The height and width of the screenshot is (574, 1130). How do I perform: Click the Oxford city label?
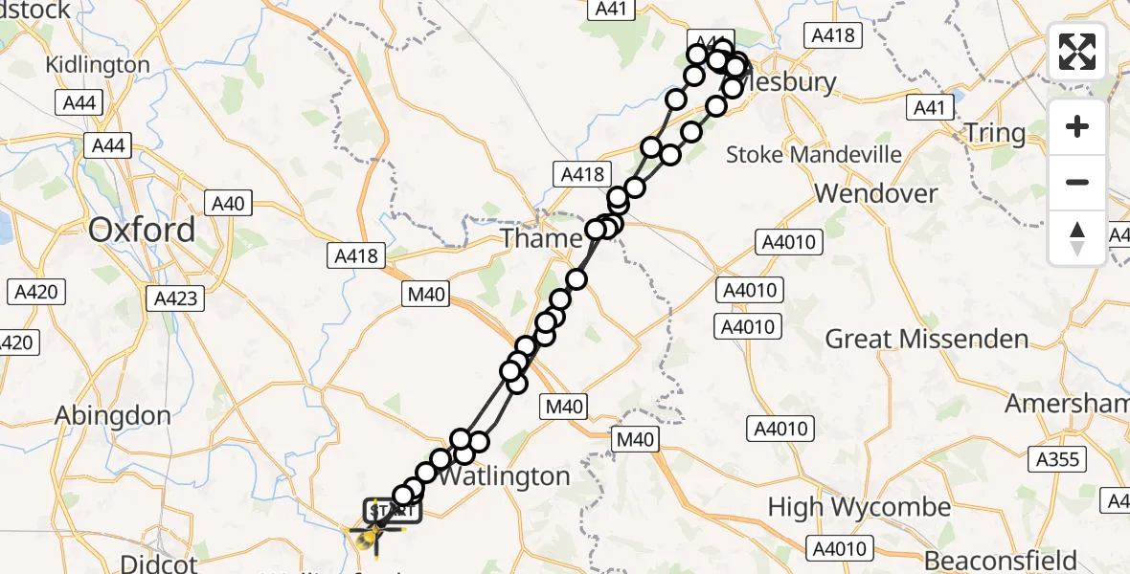[x=142, y=230]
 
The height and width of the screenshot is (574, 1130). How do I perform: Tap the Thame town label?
[x=541, y=238]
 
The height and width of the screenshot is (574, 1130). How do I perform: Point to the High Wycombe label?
[x=860, y=507]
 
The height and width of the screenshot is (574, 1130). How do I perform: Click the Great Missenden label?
[x=926, y=339]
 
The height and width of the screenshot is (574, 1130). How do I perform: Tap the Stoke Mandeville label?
[x=814, y=154]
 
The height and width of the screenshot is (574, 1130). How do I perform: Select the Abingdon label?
[x=113, y=416]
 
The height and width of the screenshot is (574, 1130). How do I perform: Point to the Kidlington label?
[x=99, y=65]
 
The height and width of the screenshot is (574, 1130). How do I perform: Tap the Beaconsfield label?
[x=1002, y=560]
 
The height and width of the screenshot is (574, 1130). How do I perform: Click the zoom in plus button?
[x=1077, y=126]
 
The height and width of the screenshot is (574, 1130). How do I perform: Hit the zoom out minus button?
[x=1077, y=182]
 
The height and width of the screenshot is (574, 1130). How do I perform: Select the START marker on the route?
[x=391, y=510]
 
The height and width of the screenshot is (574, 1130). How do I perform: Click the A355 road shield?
[x=1057, y=459]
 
